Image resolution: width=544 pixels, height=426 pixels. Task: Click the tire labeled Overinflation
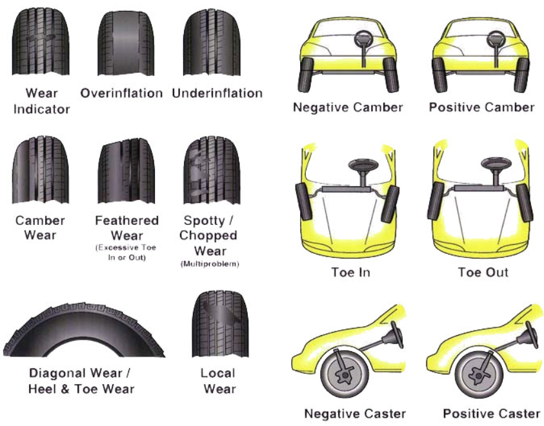pyautogui.click(x=121, y=43)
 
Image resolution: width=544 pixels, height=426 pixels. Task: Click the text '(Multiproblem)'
pyautogui.click(x=208, y=263)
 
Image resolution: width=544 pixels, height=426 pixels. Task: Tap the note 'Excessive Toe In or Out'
pyautogui.click(x=126, y=253)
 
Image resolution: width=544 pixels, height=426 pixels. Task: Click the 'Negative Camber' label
pyautogui.click(x=348, y=107)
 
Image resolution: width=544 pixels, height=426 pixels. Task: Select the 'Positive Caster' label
pyautogui.click(x=492, y=413)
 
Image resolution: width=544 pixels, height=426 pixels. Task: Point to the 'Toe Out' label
pyautogui.click(x=483, y=272)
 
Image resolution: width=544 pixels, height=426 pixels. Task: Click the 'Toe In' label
pyautogui.click(x=350, y=272)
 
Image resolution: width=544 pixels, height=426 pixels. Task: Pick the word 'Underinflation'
pyautogui.click(x=217, y=93)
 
